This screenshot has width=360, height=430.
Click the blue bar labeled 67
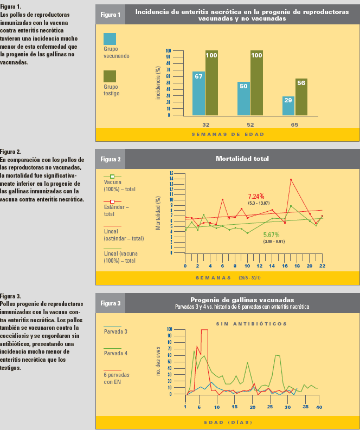tap(198, 93)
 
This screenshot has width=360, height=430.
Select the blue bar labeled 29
tap(288, 106)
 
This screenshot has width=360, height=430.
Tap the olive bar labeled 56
tap(301, 96)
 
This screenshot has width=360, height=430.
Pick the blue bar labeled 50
tap(243, 98)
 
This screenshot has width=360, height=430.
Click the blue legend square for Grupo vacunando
tap(111, 39)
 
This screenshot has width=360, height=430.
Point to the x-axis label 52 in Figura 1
tap(250, 125)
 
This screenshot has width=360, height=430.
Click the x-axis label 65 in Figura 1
tap(295, 125)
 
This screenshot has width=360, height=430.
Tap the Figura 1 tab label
tap(111, 14)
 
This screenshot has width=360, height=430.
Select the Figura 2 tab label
tap(111, 159)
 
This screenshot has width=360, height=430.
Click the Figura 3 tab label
tap(111, 303)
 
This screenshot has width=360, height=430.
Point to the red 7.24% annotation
tap(256, 196)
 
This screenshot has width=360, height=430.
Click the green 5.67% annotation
tap(271, 234)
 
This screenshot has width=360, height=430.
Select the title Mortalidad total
tap(242, 159)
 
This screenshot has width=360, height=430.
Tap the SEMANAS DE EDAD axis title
tap(228, 134)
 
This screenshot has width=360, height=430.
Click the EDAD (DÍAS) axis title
tap(228, 422)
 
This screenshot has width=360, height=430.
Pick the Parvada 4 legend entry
tap(115, 353)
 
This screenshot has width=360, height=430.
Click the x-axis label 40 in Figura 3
tap(319, 407)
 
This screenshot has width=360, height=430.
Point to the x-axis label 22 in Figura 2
tap(322, 266)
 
